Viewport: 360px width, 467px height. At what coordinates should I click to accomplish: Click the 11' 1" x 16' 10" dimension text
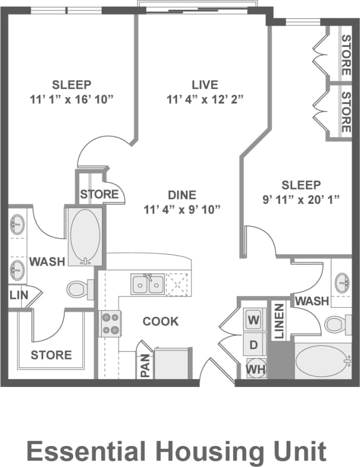point(72,99)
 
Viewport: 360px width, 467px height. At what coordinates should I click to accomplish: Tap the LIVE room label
point(205,85)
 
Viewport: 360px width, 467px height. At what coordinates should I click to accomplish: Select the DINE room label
point(182,195)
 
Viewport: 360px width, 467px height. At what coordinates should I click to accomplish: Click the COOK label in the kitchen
point(161,322)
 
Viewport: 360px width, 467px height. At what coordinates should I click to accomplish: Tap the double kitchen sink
point(147,284)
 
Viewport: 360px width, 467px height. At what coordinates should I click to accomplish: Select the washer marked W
point(253,319)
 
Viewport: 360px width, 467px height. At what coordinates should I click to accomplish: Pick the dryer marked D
point(253,344)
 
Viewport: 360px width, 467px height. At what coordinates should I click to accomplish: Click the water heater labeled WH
point(254,369)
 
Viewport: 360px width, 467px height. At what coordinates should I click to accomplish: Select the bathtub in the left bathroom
point(85,236)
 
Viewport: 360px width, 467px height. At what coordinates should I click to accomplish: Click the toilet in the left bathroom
point(78,289)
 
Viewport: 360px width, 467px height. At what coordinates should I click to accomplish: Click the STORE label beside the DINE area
point(99,194)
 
